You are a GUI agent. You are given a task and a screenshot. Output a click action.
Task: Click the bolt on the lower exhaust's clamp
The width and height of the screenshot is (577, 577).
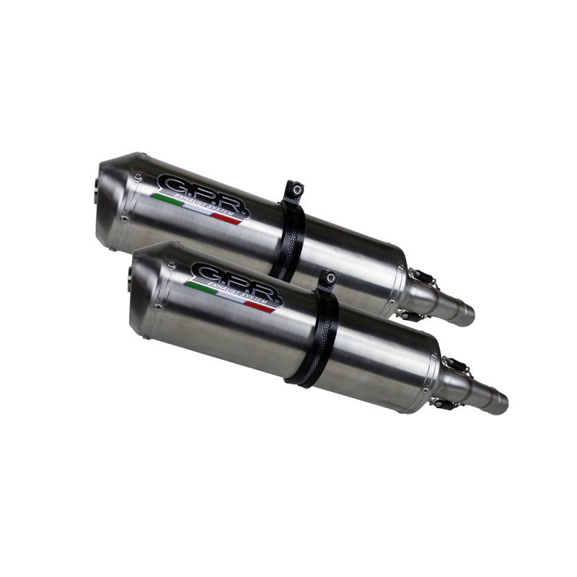tap(328, 278)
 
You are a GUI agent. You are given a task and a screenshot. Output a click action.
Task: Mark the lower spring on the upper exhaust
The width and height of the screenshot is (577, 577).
tap(408, 315)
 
